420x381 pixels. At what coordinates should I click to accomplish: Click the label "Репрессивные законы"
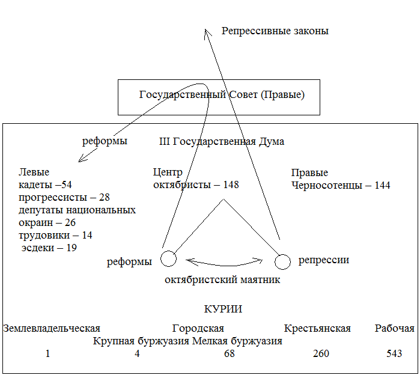coord(275,31)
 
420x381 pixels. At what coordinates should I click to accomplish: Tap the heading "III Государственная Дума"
coord(221,142)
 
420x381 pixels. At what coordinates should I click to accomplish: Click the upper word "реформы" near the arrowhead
coord(105,142)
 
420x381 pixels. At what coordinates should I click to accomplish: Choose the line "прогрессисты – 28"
coord(64,197)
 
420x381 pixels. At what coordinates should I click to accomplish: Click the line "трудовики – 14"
coord(55,235)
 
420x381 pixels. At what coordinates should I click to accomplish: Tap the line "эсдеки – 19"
coord(49,247)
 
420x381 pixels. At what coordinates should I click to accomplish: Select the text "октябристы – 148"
coord(196,184)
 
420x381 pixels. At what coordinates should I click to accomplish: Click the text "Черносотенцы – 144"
coord(341,185)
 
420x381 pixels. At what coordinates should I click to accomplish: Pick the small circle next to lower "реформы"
coord(169,258)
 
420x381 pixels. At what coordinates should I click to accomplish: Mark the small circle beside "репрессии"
coord(283,261)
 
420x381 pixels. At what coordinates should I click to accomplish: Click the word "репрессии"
coord(324,260)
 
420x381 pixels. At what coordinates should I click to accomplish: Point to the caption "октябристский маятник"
coord(222,279)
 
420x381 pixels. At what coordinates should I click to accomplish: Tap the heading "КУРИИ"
coord(223,309)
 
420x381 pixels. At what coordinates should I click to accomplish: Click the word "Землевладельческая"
coord(52,329)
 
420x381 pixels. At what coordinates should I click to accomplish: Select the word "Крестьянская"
coord(317,329)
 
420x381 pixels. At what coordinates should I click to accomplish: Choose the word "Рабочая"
coord(395,329)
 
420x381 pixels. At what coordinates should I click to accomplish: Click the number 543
coord(394,353)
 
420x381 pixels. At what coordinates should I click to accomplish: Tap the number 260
coord(321,353)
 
